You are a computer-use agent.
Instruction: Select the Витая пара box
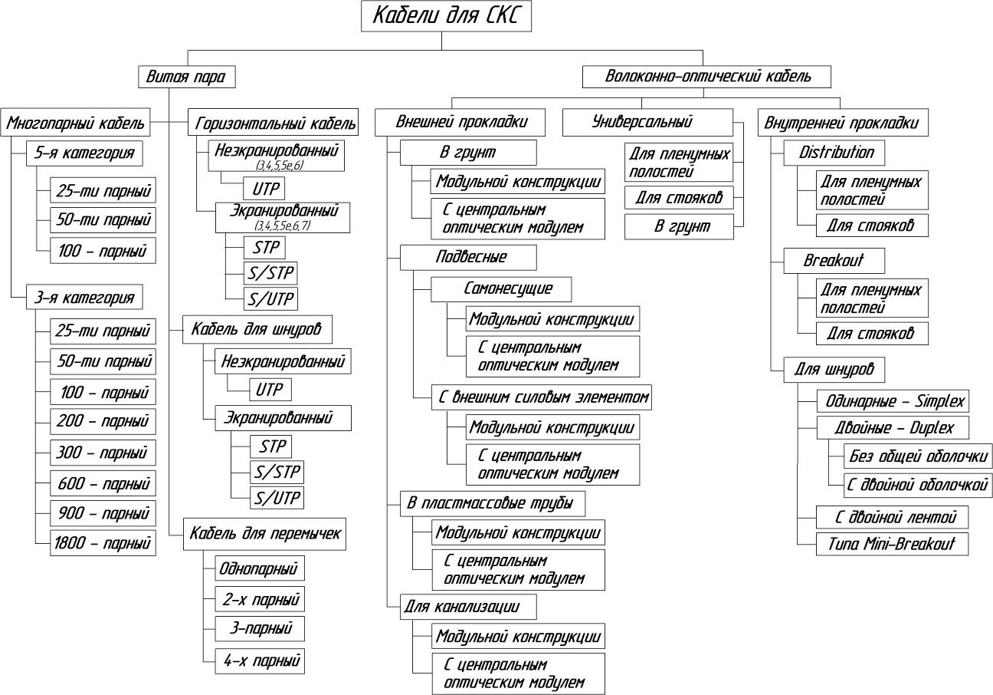[x=187, y=77]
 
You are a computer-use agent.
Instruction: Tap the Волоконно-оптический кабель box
[x=707, y=77]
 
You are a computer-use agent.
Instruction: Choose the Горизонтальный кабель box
[x=274, y=123]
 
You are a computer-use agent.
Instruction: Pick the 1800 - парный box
[x=103, y=543]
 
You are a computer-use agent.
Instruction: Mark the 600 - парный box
[x=103, y=483]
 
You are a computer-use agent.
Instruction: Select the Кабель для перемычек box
[x=264, y=534]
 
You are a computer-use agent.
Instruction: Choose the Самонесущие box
[x=507, y=289]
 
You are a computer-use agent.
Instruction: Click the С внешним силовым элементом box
[x=543, y=397]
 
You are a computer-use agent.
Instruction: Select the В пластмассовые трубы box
[x=494, y=504]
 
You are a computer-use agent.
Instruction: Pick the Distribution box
[x=834, y=153]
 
